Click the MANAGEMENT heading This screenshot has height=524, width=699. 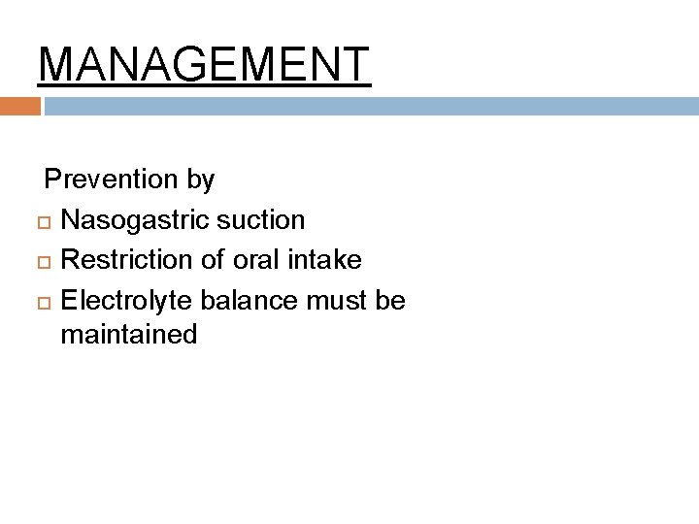[x=204, y=64]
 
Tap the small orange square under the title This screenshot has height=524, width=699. [x=19, y=106]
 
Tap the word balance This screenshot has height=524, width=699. [x=250, y=301]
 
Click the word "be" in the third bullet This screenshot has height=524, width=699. [x=389, y=301]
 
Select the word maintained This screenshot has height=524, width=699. [x=128, y=336]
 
